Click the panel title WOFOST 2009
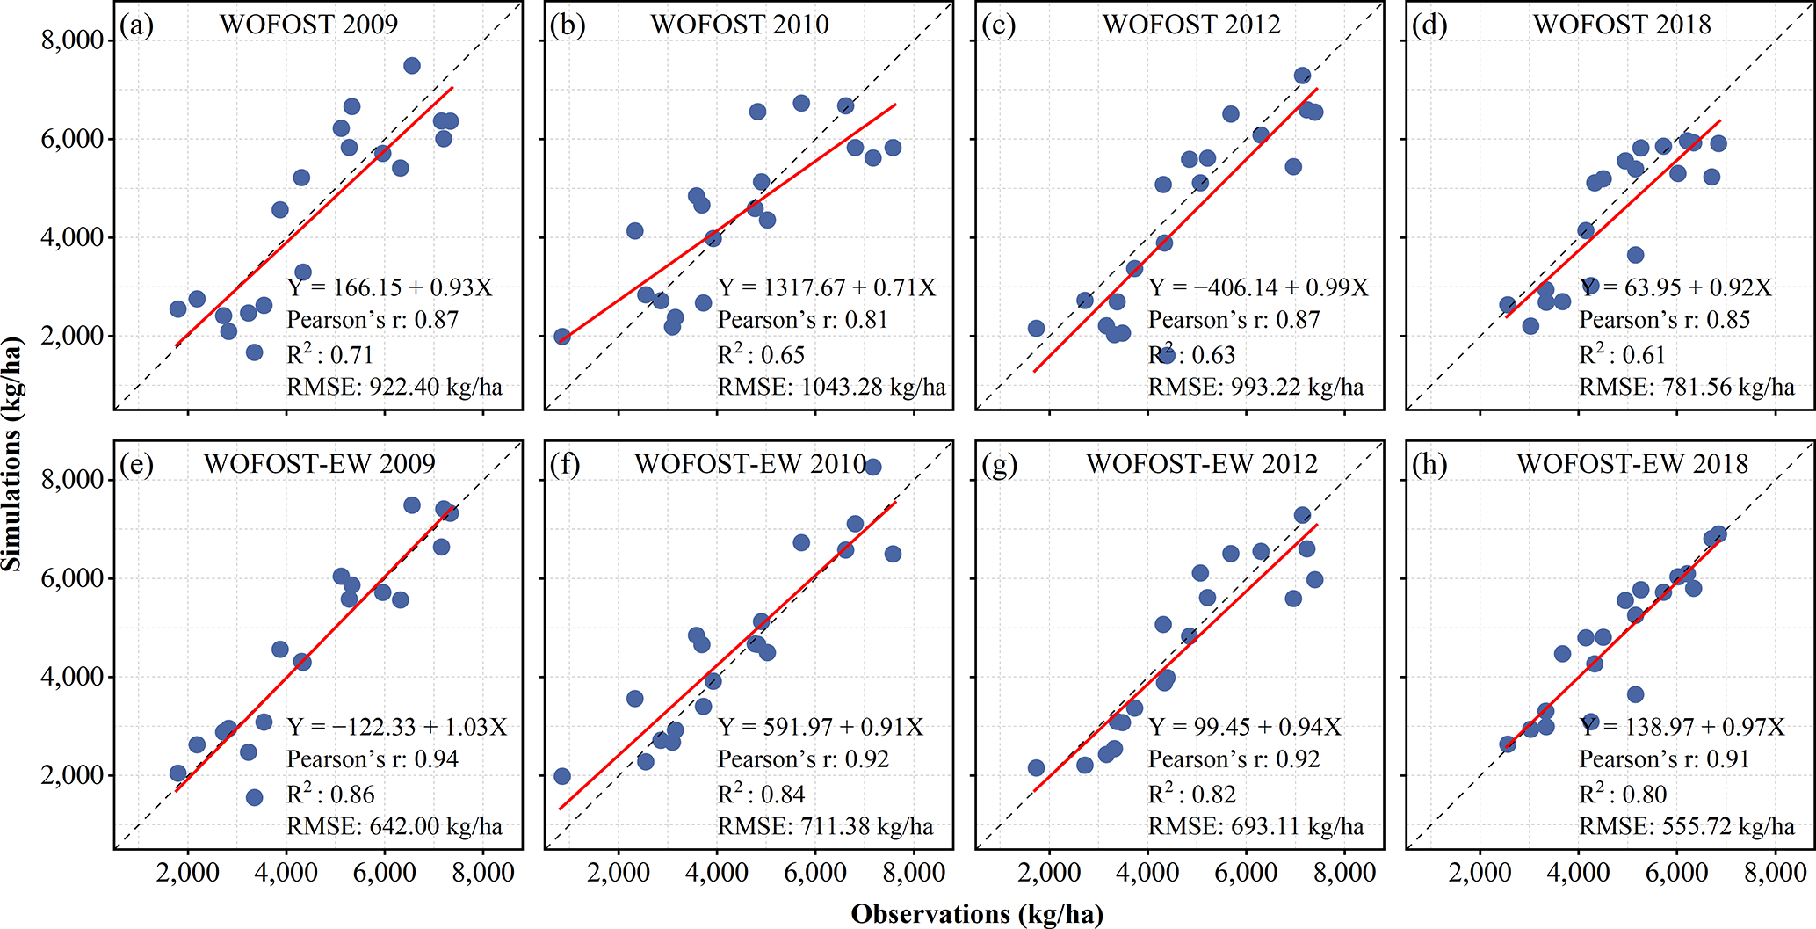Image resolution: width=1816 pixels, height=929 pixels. [308, 24]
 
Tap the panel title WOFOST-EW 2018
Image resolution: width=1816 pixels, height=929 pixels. [1632, 463]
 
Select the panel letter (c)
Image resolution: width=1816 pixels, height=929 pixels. [999, 25]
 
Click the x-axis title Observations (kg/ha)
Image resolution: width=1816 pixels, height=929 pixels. [977, 914]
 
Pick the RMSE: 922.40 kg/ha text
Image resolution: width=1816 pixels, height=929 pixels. [394, 387]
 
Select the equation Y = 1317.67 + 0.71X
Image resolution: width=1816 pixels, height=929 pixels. [827, 287]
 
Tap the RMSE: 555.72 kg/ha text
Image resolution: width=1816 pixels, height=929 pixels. [1687, 826]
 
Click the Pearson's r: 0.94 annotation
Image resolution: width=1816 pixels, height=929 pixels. [373, 759]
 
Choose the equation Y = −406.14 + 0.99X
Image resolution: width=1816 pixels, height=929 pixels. [1258, 287]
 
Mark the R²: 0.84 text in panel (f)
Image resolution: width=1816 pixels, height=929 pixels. [761, 795]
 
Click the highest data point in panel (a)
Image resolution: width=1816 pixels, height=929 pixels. [412, 66]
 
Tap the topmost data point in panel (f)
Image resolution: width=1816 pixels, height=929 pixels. [872, 467]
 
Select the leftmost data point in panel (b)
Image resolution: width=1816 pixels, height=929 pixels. [562, 337]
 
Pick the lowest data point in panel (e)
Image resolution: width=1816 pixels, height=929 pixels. [255, 797]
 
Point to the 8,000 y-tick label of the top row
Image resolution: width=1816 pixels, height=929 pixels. [72, 40]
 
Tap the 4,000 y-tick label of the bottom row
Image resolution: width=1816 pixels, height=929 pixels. [72, 678]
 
